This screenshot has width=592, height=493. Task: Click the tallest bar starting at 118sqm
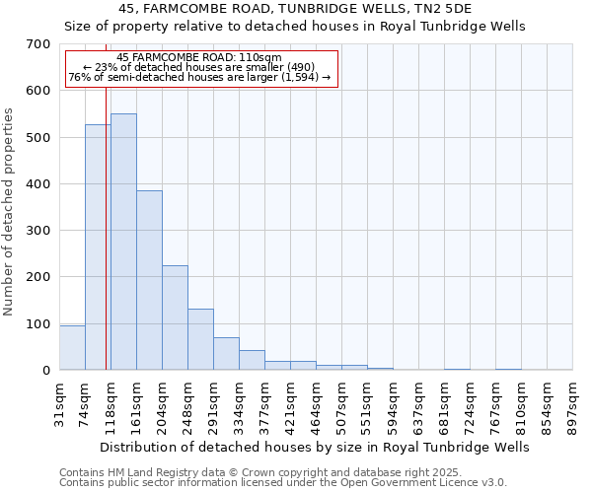(123, 242)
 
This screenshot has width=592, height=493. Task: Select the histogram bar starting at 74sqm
(98, 247)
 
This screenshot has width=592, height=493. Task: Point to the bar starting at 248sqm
(200, 339)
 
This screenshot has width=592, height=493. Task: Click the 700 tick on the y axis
(38, 44)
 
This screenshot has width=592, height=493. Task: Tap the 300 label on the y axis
(38, 231)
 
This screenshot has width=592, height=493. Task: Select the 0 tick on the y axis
(45, 371)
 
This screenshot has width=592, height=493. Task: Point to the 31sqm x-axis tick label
(60, 404)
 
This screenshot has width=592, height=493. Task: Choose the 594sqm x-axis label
(394, 404)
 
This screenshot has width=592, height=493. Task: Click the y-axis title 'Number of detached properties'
(9, 212)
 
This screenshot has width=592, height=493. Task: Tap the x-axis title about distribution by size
(315, 447)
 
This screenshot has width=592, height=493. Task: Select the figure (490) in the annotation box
(296, 67)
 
